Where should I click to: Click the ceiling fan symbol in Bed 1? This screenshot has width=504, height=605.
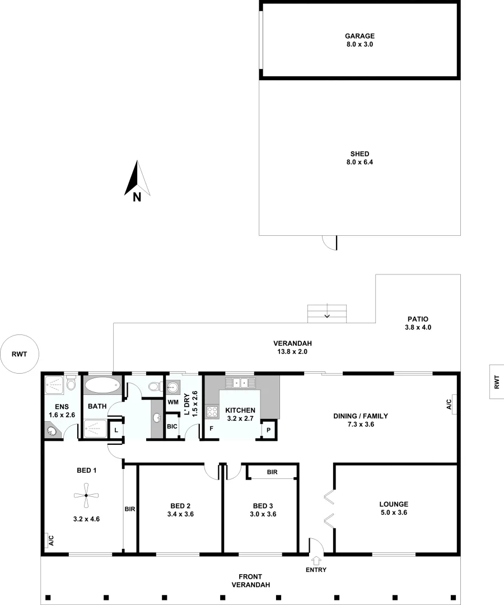click(x=85, y=495)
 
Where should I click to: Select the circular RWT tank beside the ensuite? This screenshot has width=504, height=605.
click(x=21, y=354)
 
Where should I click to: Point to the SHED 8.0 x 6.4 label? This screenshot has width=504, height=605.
click(x=359, y=158)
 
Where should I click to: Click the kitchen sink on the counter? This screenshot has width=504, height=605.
click(x=240, y=383)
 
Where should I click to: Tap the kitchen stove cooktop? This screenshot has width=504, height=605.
click(x=212, y=412)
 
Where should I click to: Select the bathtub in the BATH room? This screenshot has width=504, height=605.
click(x=101, y=386)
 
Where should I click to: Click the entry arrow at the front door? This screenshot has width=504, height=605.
click(x=316, y=560)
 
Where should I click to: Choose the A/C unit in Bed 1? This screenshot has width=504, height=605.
click(x=50, y=540)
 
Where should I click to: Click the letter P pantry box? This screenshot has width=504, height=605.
click(x=268, y=430)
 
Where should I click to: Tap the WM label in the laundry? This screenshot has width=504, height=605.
click(x=172, y=403)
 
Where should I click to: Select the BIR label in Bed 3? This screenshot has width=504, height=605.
click(x=272, y=472)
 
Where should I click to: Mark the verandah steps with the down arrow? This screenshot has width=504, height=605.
click(x=328, y=313)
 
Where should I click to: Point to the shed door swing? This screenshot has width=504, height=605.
click(x=330, y=242)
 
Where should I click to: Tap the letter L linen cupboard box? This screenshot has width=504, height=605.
click(x=115, y=430)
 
